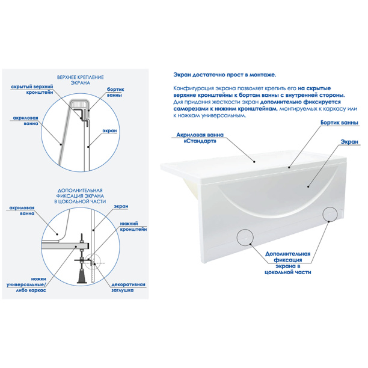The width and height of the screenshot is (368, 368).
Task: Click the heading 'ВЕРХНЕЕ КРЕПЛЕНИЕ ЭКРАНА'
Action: tap(80, 80)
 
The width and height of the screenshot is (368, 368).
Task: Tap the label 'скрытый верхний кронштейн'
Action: tap(32, 90)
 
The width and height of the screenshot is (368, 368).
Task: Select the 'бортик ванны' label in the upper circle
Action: tap(115, 92)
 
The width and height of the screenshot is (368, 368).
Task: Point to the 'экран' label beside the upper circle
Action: tap(109, 130)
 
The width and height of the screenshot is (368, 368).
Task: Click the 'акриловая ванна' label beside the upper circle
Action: tap(25, 121)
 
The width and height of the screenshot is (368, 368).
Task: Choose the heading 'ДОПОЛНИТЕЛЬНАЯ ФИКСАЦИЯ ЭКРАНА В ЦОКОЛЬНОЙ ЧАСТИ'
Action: tap(80, 196)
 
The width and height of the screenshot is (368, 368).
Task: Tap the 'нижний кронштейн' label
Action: tap(133, 227)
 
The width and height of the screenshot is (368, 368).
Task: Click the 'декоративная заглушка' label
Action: tap(128, 287)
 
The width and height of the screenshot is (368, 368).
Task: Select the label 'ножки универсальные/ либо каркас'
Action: tap(26, 284)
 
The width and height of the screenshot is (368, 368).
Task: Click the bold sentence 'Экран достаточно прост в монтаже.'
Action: tap(225, 75)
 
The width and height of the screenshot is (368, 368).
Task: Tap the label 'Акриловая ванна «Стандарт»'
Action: tap(200, 138)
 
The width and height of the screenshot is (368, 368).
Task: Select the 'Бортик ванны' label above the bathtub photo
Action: tap(339, 123)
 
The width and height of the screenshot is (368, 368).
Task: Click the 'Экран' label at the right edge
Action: tap(349, 142)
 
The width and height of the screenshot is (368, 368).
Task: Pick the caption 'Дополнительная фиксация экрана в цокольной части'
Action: tap(288, 263)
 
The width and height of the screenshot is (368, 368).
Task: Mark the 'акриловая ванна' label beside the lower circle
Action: tap(22, 210)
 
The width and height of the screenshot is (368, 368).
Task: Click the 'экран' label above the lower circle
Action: tap(121, 206)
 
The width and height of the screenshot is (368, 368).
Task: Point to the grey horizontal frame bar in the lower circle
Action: tap(66, 246)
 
